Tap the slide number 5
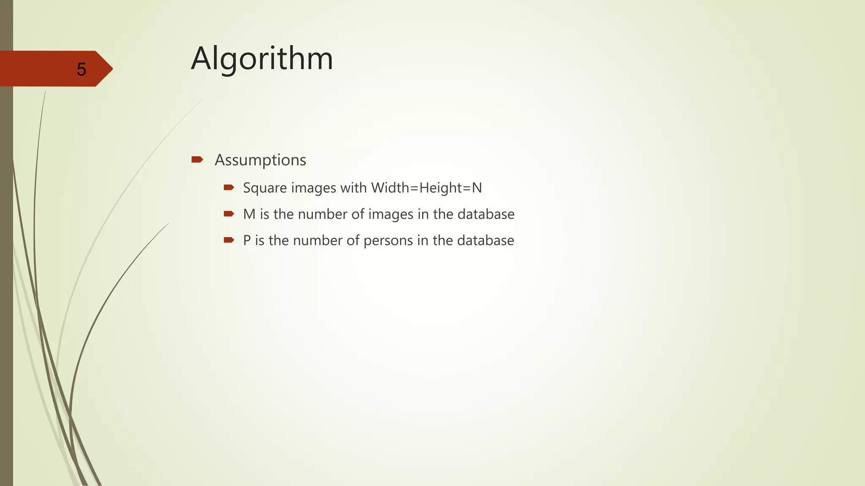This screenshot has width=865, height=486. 82,69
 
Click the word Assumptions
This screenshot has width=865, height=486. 260,160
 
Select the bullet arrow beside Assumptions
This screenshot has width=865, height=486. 197,159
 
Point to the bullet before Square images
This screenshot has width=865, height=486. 229,187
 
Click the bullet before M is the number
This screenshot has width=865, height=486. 229,214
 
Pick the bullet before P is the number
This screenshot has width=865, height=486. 229,240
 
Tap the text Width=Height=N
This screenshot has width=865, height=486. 427,187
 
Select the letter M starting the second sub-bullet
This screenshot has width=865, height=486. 249,214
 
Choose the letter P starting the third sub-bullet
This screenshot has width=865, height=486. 247,240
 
